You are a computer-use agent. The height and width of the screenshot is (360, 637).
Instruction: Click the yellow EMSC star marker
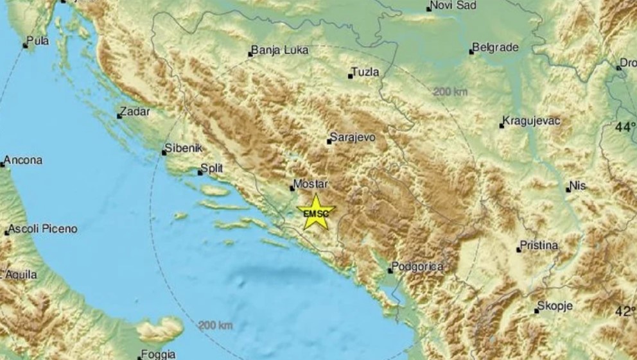tap(316, 212)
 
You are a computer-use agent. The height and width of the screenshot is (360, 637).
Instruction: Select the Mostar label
tap(311, 184)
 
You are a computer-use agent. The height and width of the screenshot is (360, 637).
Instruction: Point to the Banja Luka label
tap(280, 50)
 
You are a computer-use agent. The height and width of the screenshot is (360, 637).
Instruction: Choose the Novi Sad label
tap(454, 6)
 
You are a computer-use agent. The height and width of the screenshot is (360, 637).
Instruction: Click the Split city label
tap(212, 168)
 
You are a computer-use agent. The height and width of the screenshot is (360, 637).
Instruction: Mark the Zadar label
tap(135, 112)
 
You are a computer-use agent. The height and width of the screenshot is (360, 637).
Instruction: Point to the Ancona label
tap(23, 160)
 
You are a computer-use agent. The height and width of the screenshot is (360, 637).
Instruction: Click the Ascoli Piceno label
tap(44, 228)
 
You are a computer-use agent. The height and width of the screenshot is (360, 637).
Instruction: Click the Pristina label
tap(541, 245)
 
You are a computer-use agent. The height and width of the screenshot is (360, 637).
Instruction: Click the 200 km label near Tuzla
tap(450, 92)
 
